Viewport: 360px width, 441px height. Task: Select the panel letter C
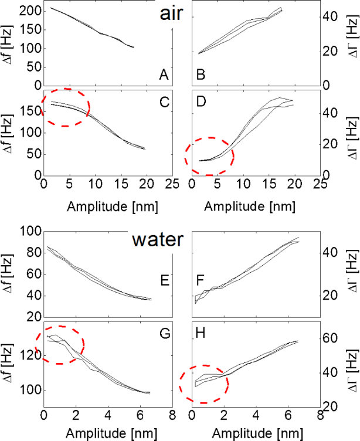(x=164, y=101)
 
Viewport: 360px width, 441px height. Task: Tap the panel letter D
(x=201, y=101)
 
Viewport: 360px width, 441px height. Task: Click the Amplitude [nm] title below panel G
(x=107, y=433)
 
